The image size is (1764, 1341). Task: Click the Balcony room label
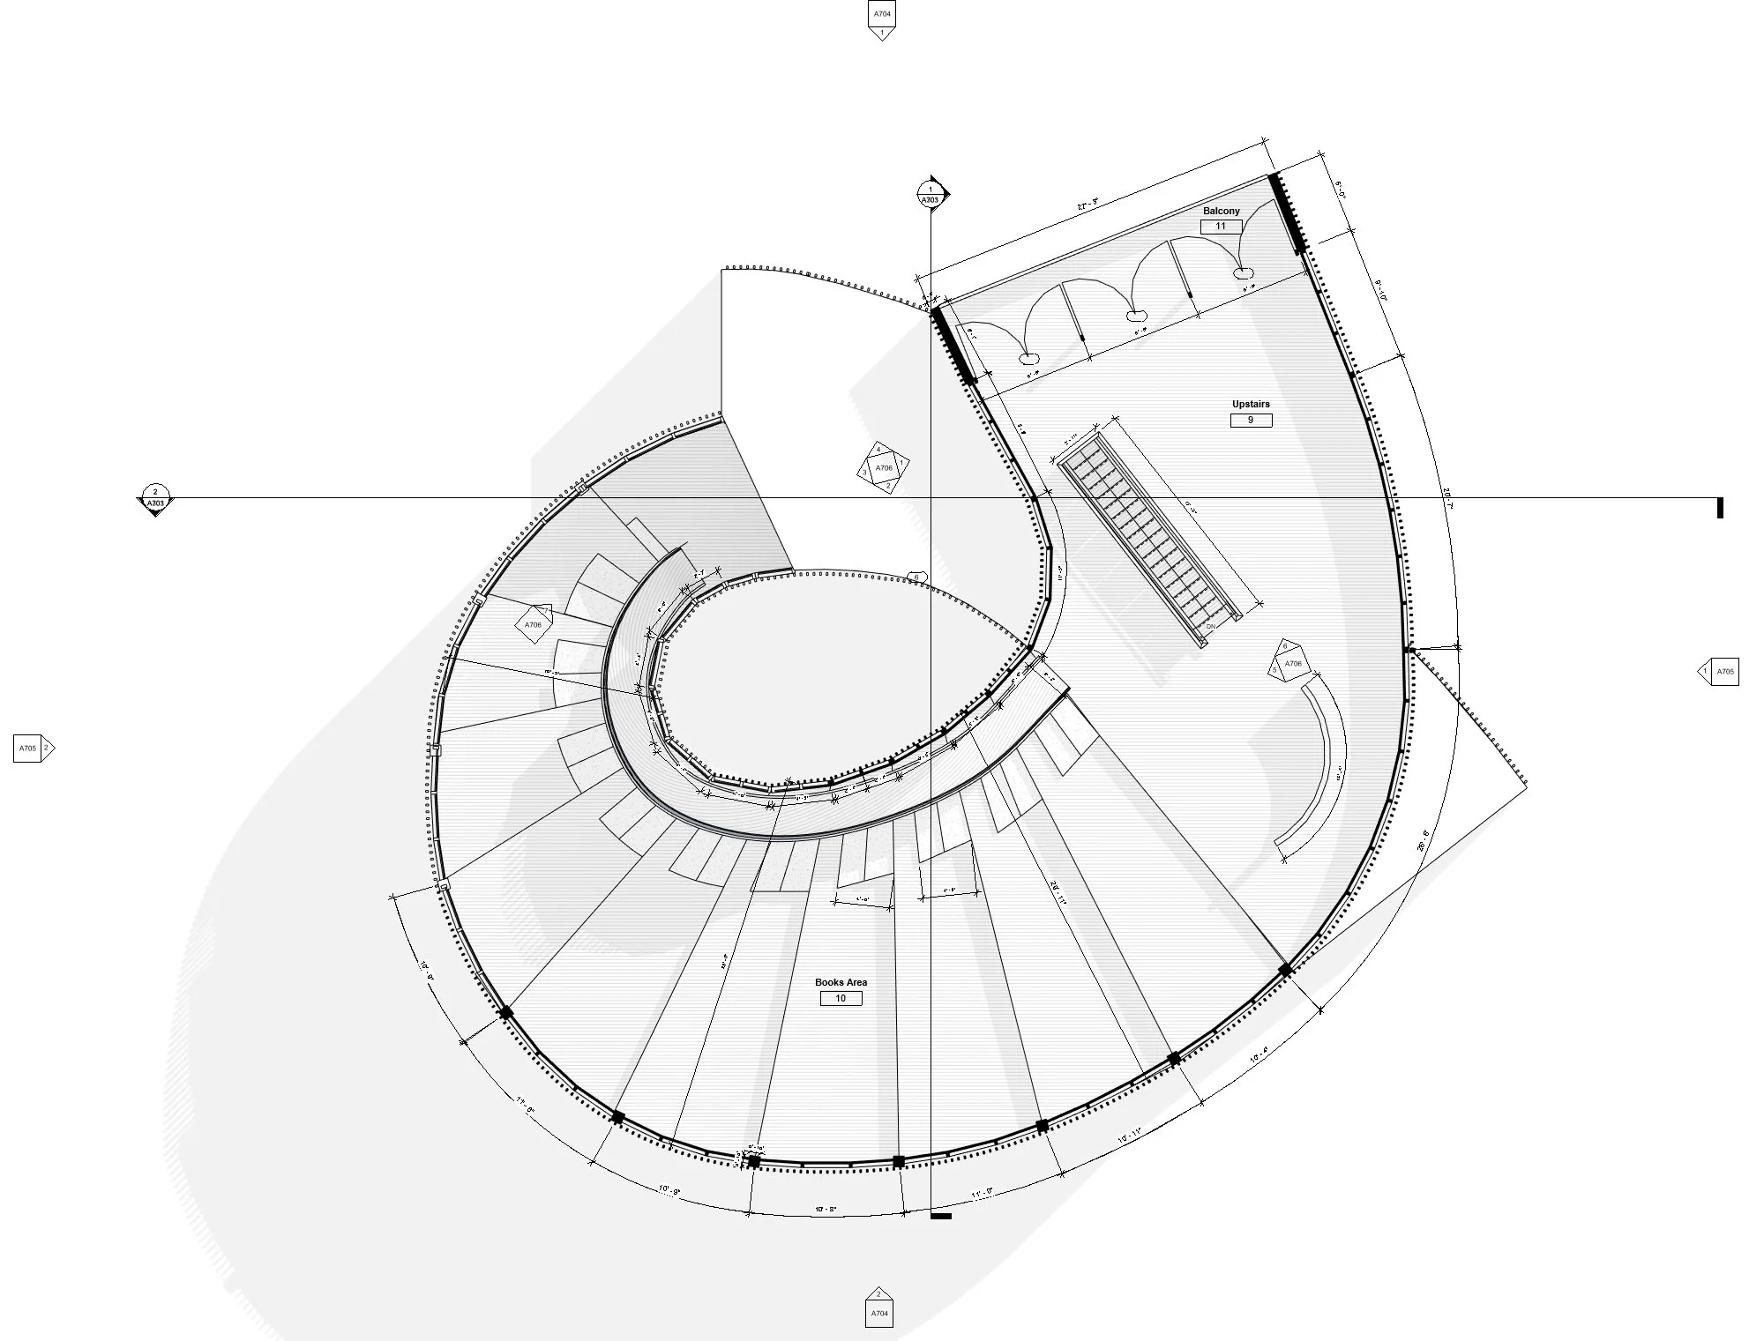pos(1221,211)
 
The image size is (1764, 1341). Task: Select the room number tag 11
pos(1221,227)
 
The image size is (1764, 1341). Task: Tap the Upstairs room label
pos(1251,404)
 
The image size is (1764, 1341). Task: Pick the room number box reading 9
pos(1251,421)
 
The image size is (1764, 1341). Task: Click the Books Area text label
pos(841,982)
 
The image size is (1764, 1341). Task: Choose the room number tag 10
pos(841,999)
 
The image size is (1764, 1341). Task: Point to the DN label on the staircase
pos(1210,626)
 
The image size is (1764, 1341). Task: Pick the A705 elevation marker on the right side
pos(1720,672)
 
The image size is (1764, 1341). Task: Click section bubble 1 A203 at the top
pos(931,195)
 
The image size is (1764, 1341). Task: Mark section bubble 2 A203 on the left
pos(155,498)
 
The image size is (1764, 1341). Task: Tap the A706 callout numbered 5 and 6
pos(1289,662)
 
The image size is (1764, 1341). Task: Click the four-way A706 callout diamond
pos(884,468)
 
